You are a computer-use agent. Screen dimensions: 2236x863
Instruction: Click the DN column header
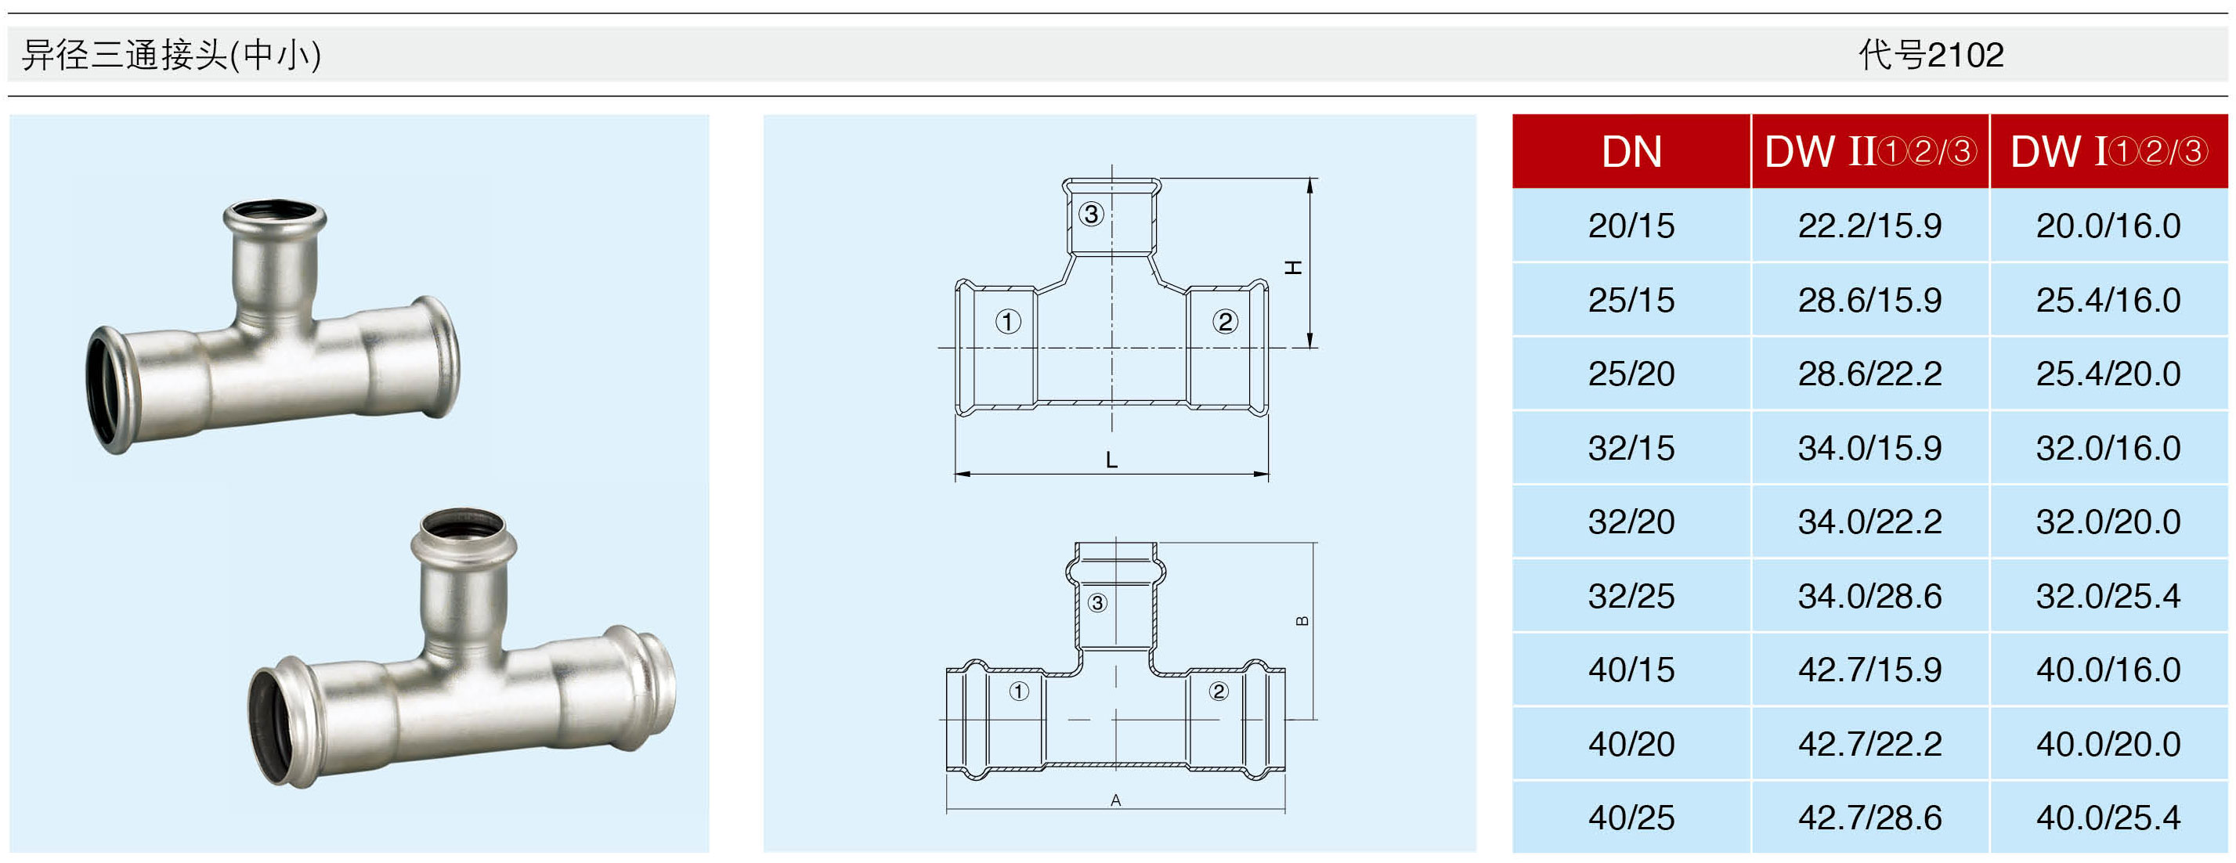(x=1631, y=151)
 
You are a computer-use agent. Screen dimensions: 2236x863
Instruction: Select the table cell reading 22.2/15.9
(x=1869, y=226)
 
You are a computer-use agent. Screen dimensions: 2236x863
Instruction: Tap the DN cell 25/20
(x=1631, y=374)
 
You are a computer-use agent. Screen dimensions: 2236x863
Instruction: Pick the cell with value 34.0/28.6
(x=1869, y=596)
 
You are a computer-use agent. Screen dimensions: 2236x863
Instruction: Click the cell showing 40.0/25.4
(x=2108, y=817)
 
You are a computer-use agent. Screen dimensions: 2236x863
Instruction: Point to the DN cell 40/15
(x=1631, y=670)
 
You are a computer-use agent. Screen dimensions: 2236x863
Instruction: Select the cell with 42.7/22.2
(x=1869, y=744)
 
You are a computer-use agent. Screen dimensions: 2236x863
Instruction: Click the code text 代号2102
(x=1931, y=55)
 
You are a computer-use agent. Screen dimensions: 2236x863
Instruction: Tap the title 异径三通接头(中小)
(x=172, y=55)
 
